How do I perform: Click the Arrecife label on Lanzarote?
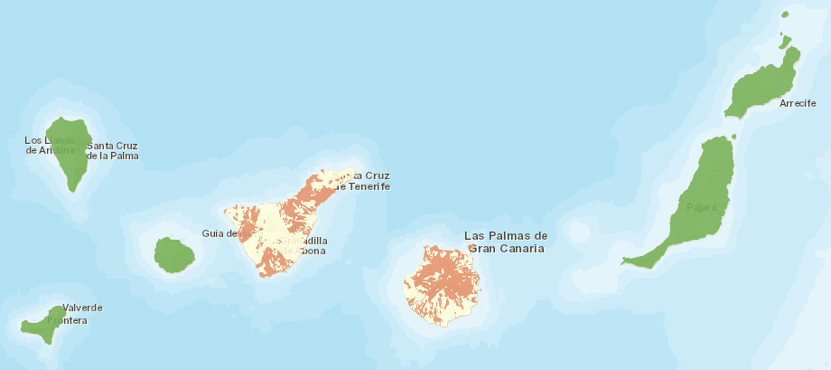click(798, 103)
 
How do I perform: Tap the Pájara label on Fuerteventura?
click(701, 208)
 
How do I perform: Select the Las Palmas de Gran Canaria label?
click(505, 242)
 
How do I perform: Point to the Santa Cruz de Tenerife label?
click(362, 181)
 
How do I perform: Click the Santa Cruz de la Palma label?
click(112, 150)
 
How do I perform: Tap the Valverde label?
click(82, 308)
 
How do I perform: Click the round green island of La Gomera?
click(173, 255)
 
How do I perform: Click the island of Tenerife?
click(280, 226)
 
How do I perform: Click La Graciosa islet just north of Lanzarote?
click(785, 41)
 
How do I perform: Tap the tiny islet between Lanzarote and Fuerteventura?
click(733, 137)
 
